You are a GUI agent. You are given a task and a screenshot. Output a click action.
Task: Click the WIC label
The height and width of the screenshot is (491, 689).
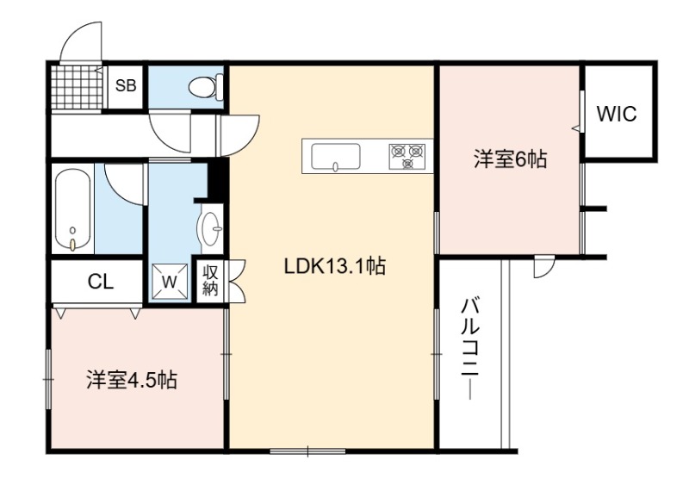617,115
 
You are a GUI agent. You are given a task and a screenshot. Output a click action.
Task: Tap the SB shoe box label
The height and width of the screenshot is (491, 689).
126,86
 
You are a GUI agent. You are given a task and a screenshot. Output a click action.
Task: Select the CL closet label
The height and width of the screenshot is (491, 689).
101,282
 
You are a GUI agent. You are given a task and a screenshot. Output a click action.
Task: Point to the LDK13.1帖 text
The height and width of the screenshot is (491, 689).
335,266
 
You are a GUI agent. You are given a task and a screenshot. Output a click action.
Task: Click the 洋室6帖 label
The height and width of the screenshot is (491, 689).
510,158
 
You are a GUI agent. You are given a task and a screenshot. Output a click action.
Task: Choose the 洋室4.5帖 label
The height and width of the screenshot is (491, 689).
132,380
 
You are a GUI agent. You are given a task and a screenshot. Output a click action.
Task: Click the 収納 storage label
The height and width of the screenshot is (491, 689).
210,282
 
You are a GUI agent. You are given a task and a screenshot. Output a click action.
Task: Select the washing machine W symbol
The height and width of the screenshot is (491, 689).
170,282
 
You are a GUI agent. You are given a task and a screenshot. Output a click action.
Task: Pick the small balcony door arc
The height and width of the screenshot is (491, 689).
544,268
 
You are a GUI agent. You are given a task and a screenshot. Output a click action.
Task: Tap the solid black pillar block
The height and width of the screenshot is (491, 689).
216,179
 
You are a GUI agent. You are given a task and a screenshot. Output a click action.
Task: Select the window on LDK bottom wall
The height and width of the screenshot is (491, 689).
307,451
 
